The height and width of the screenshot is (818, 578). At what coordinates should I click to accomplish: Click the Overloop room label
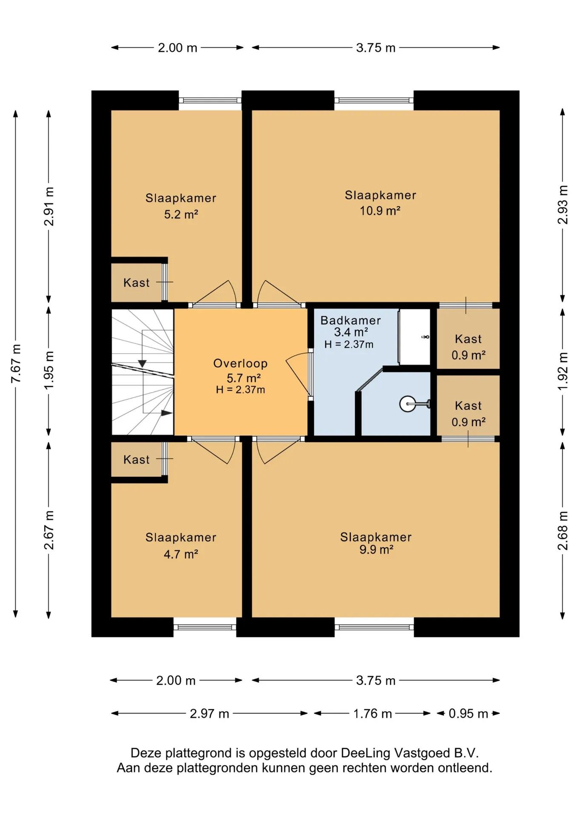click(240, 363)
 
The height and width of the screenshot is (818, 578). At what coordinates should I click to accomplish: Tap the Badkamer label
click(350, 320)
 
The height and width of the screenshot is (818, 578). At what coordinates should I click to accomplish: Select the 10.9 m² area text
click(380, 211)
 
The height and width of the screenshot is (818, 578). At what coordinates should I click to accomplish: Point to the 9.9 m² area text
click(376, 550)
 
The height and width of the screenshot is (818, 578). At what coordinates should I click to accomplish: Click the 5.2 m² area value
click(181, 214)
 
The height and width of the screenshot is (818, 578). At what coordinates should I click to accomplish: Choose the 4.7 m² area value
click(181, 554)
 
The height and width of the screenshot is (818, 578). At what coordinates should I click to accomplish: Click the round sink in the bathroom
click(408, 404)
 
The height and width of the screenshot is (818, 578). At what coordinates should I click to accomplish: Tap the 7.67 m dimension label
click(16, 363)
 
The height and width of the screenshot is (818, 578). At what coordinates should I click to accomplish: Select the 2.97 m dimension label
click(209, 714)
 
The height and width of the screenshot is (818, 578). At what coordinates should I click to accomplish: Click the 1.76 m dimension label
click(372, 714)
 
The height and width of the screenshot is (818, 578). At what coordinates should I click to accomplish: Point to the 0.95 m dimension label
click(468, 714)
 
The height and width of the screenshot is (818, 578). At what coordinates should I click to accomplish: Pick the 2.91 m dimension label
click(49, 207)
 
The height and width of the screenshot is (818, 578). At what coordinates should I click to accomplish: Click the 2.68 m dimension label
click(563, 530)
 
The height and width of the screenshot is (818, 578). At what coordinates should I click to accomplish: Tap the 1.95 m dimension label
click(49, 370)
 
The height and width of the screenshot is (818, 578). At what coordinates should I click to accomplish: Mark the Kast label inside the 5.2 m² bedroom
click(136, 283)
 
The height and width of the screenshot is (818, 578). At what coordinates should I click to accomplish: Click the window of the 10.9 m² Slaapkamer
click(374, 101)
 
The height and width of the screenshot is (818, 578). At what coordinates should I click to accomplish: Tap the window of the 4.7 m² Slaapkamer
click(205, 627)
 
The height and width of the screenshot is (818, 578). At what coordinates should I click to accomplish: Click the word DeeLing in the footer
click(366, 753)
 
